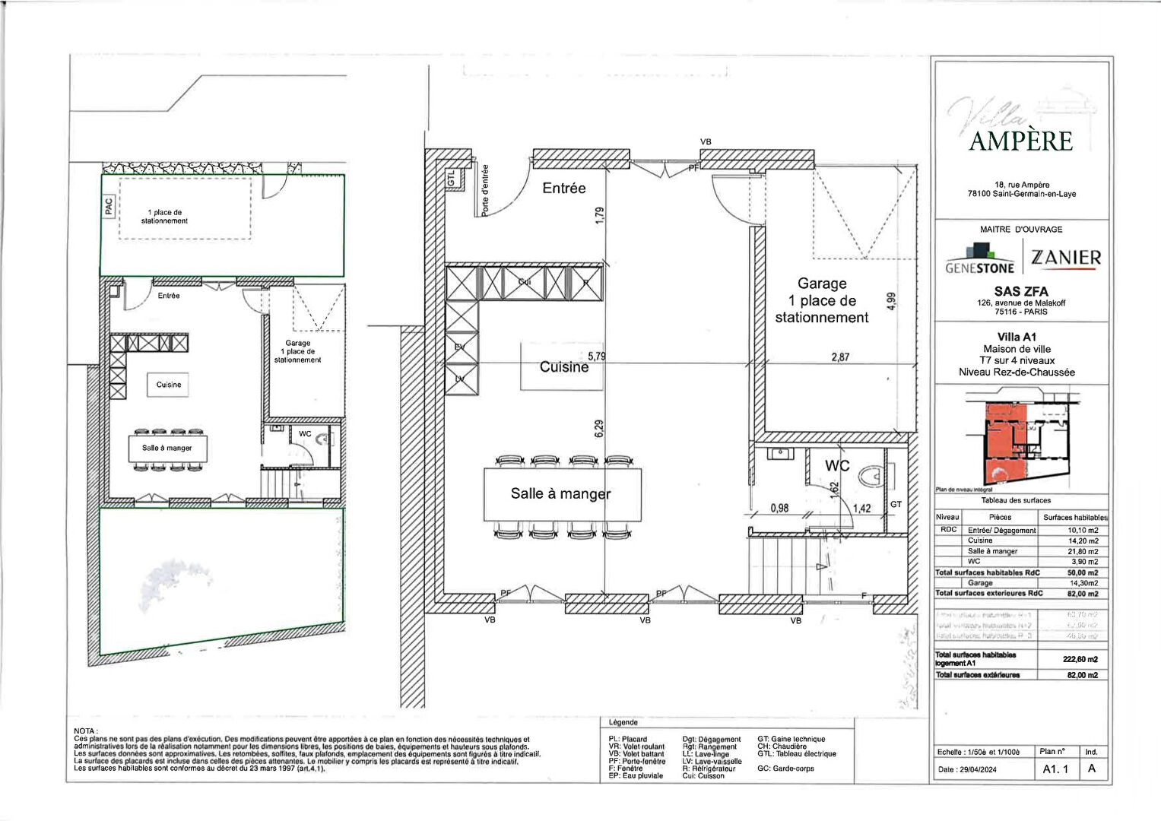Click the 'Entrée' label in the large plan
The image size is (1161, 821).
coord(563,188)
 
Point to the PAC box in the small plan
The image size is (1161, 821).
coord(108,206)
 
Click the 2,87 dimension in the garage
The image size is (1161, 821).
coord(840,357)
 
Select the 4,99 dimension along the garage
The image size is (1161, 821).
coord(892,302)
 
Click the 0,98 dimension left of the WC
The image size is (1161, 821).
coord(779,509)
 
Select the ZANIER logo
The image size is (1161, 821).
coord(1065,258)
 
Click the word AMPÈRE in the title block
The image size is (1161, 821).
coord(1020,141)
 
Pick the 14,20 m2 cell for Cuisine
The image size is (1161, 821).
coord(1083,540)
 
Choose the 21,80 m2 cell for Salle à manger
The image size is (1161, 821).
coord(1083,551)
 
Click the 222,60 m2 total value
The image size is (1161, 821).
coord(1080,659)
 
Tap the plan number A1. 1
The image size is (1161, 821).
coord(1055,769)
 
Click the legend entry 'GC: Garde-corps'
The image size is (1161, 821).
coord(785,769)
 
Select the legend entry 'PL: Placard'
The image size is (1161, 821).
coord(628,739)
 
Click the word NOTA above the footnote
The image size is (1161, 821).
coord(85,731)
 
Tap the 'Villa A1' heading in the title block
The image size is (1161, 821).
coord(1017,337)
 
